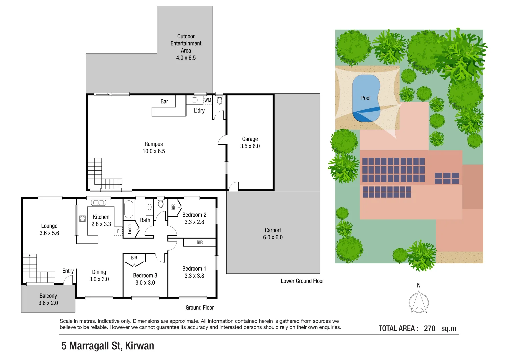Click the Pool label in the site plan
(x=366, y=98)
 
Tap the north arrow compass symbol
(x=419, y=303)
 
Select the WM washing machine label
(x=207, y=100)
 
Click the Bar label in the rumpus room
(x=164, y=101)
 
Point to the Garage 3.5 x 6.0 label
(x=250, y=143)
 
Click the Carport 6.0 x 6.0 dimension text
(x=273, y=237)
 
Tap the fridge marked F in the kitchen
(x=118, y=231)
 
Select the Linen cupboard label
(x=130, y=229)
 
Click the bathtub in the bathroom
(x=129, y=209)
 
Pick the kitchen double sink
(x=99, y=203)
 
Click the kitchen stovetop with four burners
(x=82, y=219)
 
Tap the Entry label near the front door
(x=68, y=271)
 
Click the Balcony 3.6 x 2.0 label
(x=48, y=299)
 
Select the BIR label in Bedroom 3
(x=134, y=258)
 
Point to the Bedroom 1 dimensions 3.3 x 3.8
(x=194, y=276)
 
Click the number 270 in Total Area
(x=429, y=328)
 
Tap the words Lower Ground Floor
(x=302, y=281)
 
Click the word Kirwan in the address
(x=140, y=346)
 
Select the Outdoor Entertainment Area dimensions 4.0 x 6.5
(x=186, y=58)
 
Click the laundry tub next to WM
(x=195, y=100)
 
